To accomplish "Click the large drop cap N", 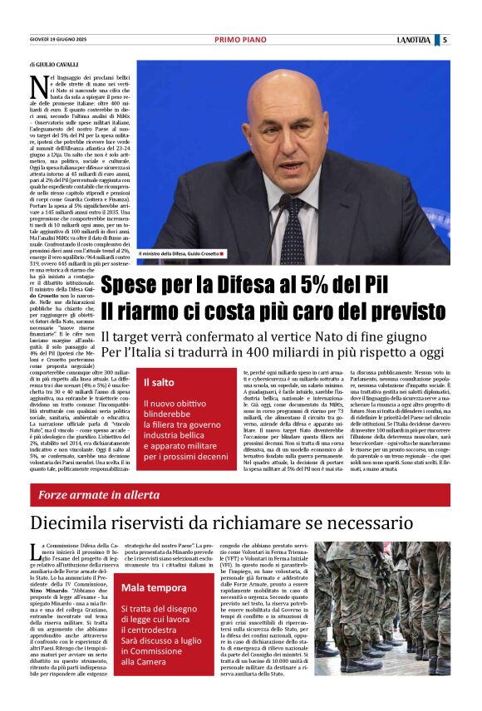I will [x=37, y=84].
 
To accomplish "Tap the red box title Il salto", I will [x=159, y=382].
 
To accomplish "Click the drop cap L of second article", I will [x=33, y=549].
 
